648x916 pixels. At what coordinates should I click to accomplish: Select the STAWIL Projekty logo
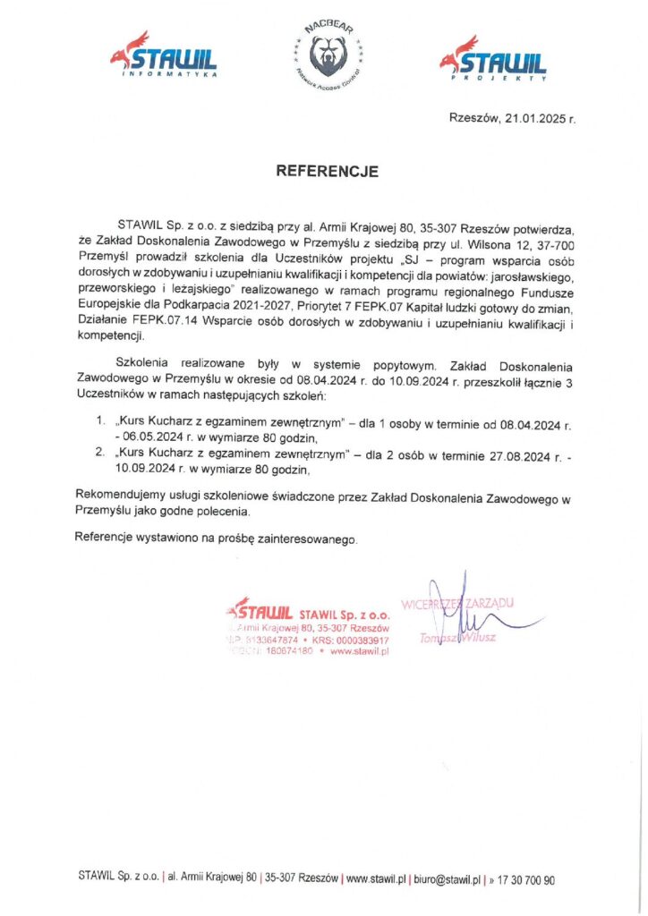click(492, 58)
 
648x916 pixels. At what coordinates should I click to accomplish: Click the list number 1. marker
click(100, 419)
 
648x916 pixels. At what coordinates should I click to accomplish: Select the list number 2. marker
click(100, 454)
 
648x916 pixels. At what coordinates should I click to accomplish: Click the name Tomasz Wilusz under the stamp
click(456, 638)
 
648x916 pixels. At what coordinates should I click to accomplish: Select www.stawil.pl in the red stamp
click(360, 652)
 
